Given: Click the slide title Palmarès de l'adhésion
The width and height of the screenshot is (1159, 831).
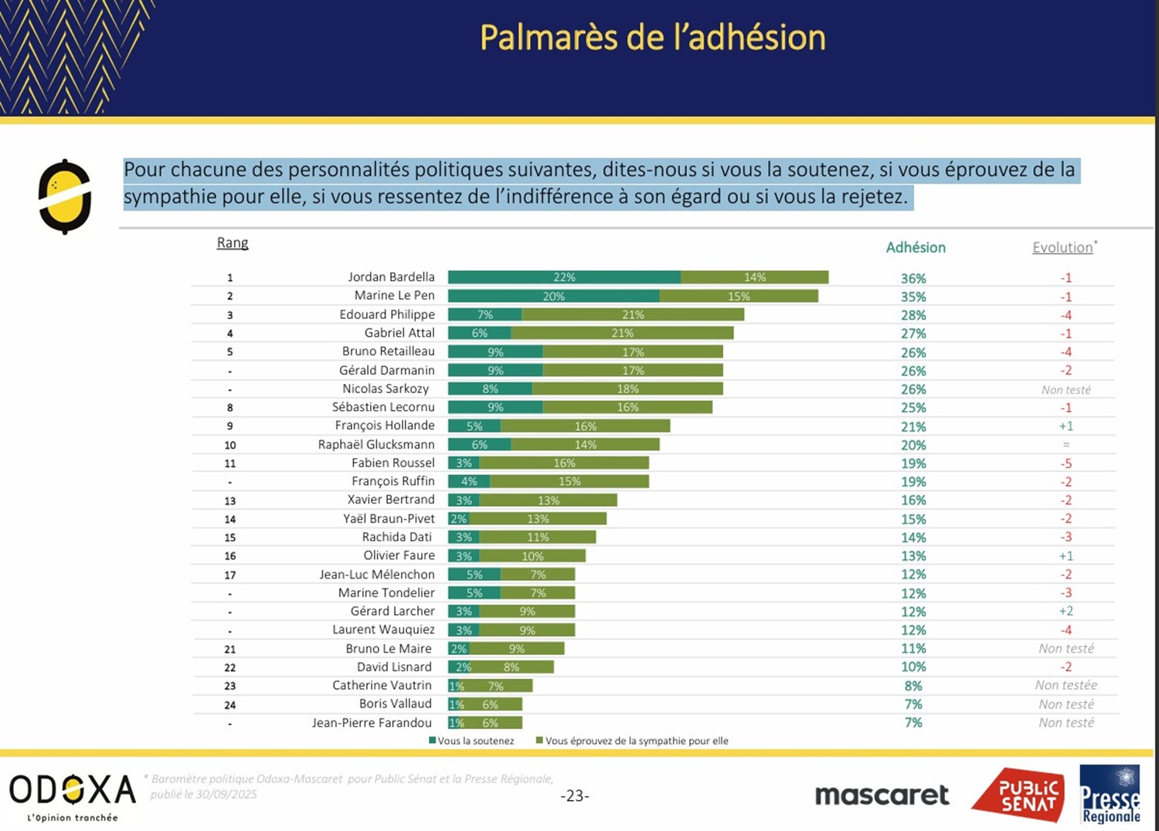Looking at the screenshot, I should point(653,38).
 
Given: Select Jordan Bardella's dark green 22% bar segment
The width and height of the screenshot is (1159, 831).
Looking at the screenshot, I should point(564,277).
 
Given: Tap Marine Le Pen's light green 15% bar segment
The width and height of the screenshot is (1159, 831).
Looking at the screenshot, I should point(739,296).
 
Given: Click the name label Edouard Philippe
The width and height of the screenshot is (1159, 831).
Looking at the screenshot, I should point(386,314).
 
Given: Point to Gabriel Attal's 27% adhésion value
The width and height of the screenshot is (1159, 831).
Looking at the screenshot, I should point(913,334).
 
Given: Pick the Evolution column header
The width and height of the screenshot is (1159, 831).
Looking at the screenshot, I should point(1063,247).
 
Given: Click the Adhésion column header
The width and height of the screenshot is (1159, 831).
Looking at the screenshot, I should point(916,247).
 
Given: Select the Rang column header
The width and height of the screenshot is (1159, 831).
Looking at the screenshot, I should point(233,243).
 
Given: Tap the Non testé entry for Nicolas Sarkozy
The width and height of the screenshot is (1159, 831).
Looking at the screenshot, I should point(1066,390).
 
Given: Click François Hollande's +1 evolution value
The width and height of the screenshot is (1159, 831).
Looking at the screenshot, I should point(1066,426).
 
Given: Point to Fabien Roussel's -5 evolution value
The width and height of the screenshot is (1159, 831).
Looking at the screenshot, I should point(1066,463).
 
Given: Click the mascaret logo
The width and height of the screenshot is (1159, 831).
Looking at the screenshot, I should point(882,795).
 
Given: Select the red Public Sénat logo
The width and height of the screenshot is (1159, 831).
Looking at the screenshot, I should point(1018,795).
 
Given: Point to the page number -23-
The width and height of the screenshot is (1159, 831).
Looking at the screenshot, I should point(575,795).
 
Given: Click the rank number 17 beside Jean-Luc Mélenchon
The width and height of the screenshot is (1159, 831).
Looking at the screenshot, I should point(230,575).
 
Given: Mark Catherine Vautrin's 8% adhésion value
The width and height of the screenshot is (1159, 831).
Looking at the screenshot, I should point(913,686).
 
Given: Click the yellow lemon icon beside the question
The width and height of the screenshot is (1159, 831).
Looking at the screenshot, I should point(65,196).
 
